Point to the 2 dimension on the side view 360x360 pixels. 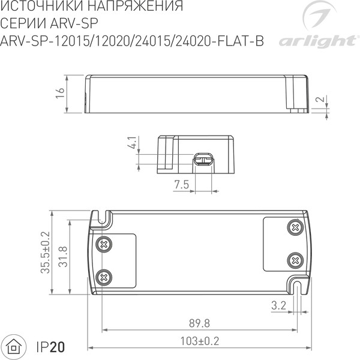[x=322, y=100]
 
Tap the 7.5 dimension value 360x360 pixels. [x=182, y=185]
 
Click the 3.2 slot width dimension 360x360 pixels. [x=278, y=305]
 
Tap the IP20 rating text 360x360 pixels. [x=50, y=346]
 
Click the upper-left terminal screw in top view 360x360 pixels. [x=105, y=244]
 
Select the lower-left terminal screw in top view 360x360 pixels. [x=105, y=277]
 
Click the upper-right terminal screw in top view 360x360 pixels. [x=294, y=227]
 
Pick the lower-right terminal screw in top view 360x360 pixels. [x=294, y=260]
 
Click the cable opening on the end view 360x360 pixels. [x=203, y=160]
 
